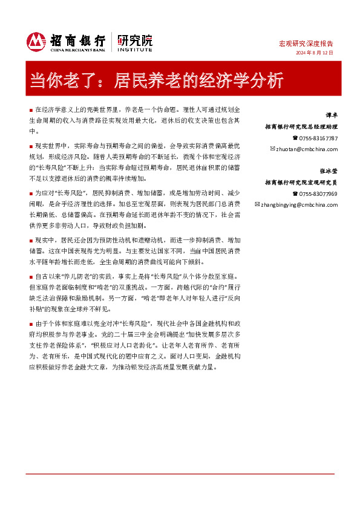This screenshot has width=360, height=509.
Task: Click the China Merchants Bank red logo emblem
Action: pos(37,41)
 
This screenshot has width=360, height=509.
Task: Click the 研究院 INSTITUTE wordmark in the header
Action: pos(135,41)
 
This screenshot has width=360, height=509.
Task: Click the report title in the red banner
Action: pos(156,80)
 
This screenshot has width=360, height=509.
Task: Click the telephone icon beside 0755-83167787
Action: pos(295,138)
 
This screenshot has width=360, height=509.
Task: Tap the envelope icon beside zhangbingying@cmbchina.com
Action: pos(257,204)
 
